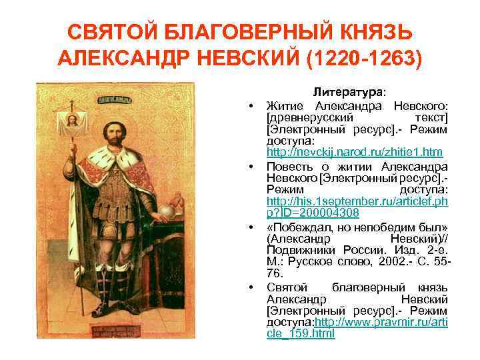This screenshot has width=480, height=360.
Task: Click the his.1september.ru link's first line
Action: click(357, 201)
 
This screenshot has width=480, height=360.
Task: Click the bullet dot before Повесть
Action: click(253, 166)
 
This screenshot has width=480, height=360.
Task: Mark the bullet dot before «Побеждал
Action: click(253, 226)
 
